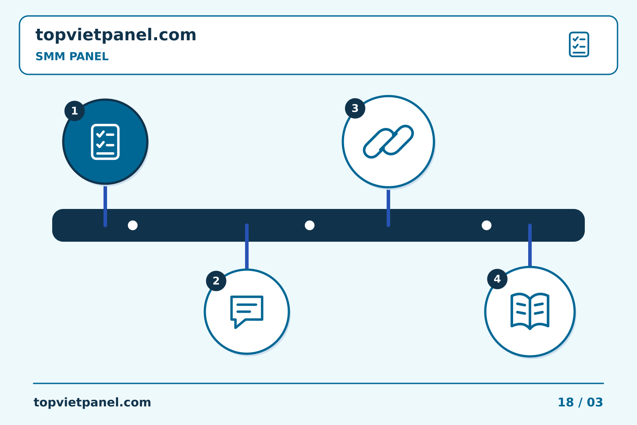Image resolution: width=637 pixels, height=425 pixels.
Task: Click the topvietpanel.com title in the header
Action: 116,35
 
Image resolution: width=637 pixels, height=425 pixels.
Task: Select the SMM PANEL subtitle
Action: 72,56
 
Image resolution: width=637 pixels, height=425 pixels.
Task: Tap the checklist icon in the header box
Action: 579,44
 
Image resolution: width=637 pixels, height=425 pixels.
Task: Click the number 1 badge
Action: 74,111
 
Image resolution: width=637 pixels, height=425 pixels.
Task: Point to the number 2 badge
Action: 216,281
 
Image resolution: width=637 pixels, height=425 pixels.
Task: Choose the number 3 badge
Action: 355,108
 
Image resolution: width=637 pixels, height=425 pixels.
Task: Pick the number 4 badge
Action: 497,279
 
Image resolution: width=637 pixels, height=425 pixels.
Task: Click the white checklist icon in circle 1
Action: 105,142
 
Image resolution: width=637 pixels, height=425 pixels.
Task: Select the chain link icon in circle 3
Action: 388,142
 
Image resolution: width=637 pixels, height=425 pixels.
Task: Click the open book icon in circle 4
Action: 530,311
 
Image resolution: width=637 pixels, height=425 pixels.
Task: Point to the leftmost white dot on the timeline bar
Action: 133,225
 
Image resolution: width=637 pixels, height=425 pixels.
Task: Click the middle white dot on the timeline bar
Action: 310,225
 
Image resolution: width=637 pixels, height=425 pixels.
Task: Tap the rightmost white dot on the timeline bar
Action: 487,225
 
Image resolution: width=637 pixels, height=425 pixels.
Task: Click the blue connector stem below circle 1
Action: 105,206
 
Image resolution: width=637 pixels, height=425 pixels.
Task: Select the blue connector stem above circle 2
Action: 247,247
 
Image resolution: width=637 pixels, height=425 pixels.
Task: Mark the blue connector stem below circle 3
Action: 388,208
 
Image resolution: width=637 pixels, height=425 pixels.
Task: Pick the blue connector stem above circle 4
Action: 530,245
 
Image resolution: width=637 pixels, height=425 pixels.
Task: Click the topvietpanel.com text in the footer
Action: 92,402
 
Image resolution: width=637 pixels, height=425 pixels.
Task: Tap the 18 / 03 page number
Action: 580,402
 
